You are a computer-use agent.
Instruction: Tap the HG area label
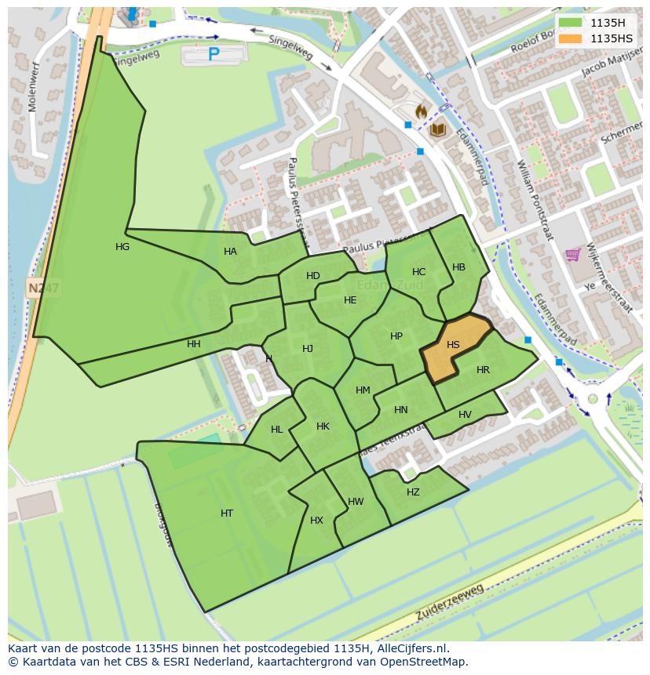point(122,247)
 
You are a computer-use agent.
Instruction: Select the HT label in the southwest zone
point(227,514)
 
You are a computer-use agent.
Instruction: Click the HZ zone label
point(413,492)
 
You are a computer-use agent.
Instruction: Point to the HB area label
point(459,267)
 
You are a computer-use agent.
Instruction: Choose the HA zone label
point(230,252)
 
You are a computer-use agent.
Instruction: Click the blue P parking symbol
point(214,54)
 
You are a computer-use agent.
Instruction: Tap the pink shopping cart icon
point(573,255)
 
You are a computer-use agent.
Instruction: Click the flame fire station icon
point(421,112)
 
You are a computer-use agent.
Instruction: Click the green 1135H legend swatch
point(570,23)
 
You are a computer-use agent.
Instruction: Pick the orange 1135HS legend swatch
point(570,38)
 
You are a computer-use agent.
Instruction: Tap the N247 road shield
point(42,289)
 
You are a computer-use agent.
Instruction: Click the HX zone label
point(316,521)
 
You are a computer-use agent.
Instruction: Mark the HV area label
point(465,415)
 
